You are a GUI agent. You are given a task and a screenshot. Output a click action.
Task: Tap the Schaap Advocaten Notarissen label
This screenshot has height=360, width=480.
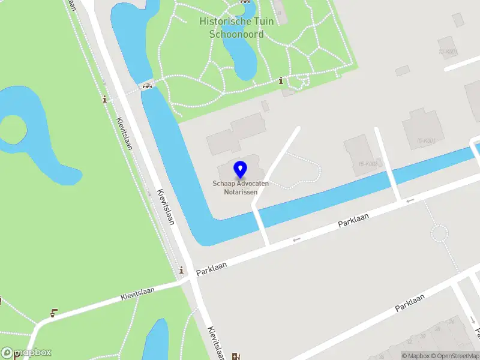(240, 187)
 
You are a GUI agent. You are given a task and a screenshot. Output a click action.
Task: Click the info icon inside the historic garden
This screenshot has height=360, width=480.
(280, 81)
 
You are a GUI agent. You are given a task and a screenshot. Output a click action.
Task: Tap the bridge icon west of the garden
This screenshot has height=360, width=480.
(146, 86)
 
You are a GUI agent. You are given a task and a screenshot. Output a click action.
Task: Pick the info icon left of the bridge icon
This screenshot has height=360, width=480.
(105, 99)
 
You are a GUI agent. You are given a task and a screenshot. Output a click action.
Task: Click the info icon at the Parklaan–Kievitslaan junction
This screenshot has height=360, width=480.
(181, 271)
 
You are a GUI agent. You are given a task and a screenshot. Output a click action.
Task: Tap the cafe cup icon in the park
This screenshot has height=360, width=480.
(55, 312)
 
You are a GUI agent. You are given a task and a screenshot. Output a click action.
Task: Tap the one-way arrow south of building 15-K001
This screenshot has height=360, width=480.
(410, 200)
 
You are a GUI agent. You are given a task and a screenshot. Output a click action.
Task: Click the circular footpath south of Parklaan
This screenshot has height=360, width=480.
(439, 233)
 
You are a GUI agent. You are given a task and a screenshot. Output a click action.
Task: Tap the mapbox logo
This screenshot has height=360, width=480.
(26, 353)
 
